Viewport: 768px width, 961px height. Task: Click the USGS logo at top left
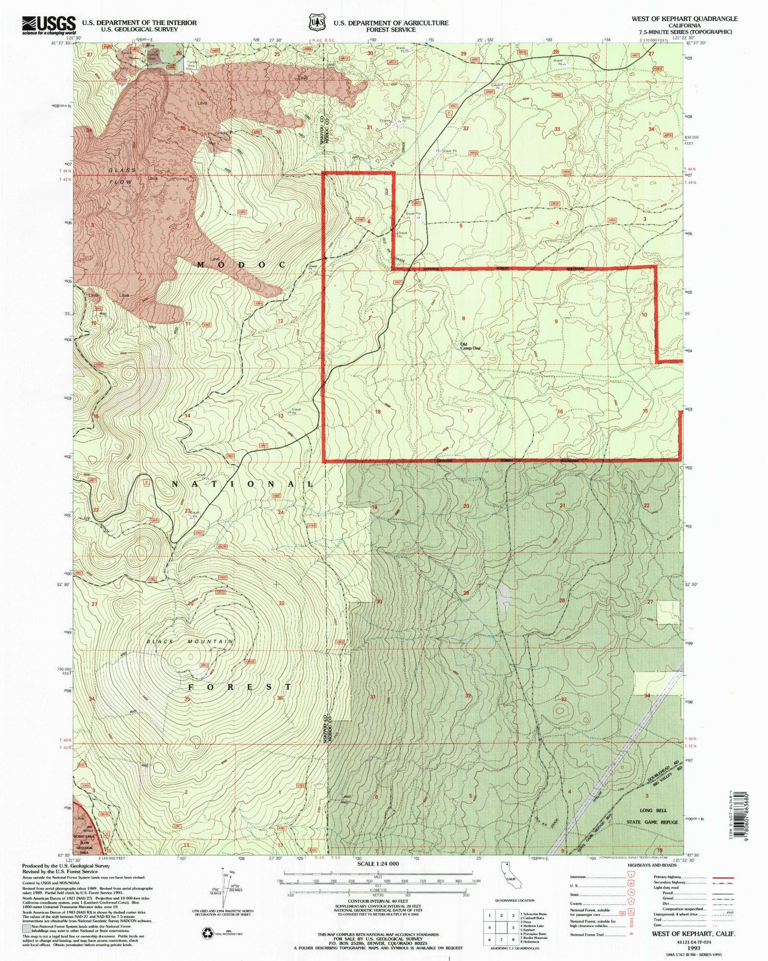(x=48, y=25)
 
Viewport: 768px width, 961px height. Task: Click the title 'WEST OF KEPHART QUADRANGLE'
(x=684, y=18)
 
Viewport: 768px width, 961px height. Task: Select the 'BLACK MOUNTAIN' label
(x=190, y=642)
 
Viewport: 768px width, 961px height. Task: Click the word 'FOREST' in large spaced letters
(x=240, y=687)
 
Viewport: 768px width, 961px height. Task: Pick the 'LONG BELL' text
(x=653, y=810)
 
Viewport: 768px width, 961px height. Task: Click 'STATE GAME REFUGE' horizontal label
(x=652, y=822)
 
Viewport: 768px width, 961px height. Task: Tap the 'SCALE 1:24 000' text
(x=378, y=864)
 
